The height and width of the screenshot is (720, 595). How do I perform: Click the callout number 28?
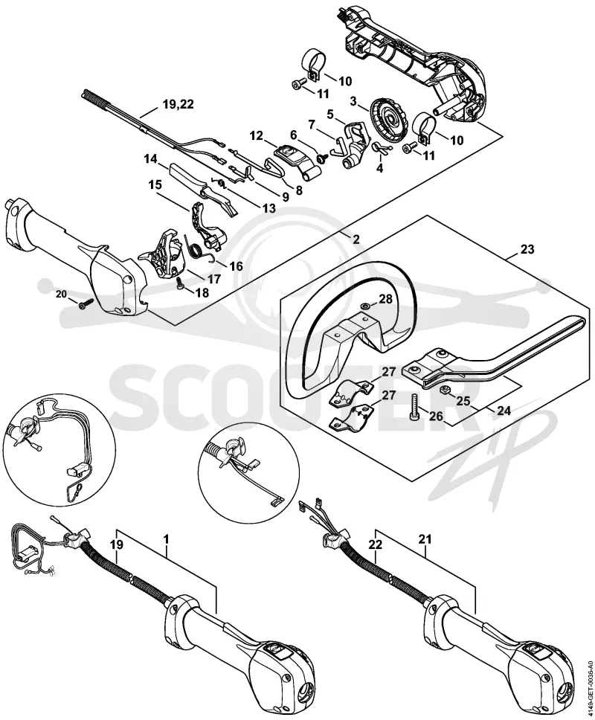(x=385, y=299)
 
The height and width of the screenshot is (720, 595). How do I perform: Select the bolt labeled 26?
(x=413, y=406)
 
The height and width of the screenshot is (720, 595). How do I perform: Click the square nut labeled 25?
(x=445, y=391)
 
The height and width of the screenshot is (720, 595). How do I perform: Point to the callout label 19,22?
(x=178, y=104)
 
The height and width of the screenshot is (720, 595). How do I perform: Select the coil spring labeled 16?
(x=197, y=248)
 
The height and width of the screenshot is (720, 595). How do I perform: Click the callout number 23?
(x=527, y=249)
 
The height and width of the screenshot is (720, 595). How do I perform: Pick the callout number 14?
(x=150, y=159)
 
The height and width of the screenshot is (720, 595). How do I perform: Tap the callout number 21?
(x=425, y=539)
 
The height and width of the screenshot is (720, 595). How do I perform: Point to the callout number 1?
(x=166, y=539)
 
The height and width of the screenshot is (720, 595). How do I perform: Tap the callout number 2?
(x=356, y=239)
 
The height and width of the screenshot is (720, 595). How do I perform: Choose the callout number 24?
(x=504, y=411)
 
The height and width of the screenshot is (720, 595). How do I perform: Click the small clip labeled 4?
(x=381, y=147)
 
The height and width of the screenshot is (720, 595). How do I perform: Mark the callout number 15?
(x=155, y=185)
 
